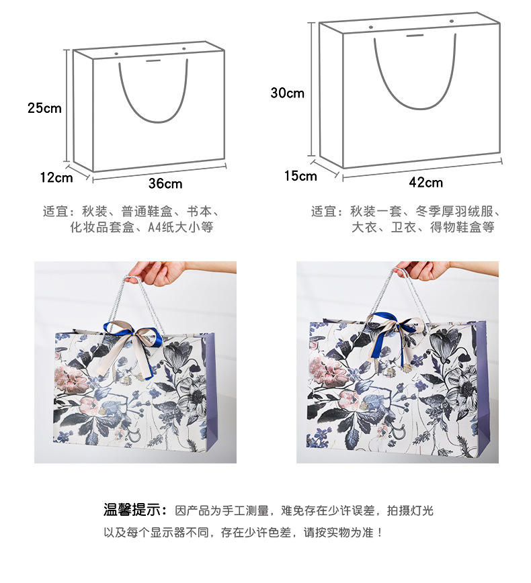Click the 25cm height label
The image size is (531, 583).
44,107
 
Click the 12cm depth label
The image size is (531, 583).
56,177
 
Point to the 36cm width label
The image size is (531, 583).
165,183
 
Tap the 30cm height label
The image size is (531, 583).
287,93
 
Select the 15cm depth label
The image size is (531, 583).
300,176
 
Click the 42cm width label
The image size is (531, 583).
425,182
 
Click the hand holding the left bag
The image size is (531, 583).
153,271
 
